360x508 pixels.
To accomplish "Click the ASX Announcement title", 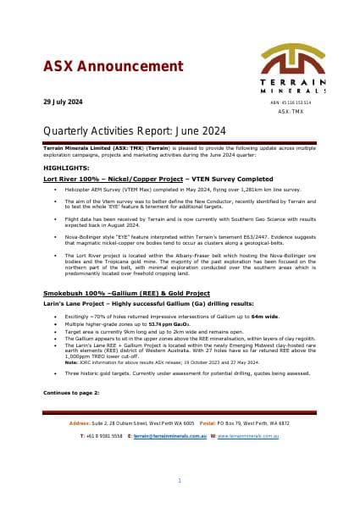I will pyautogui.click(x=101, y=66).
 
